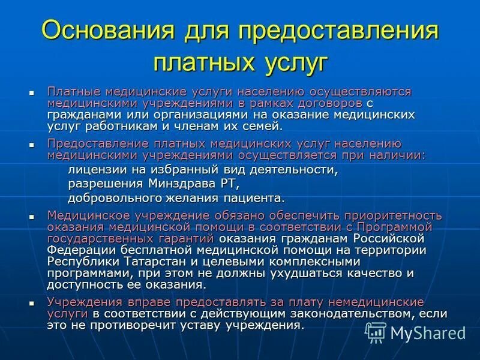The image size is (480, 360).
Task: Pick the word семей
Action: pyautogui.click(x=260, y=125)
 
